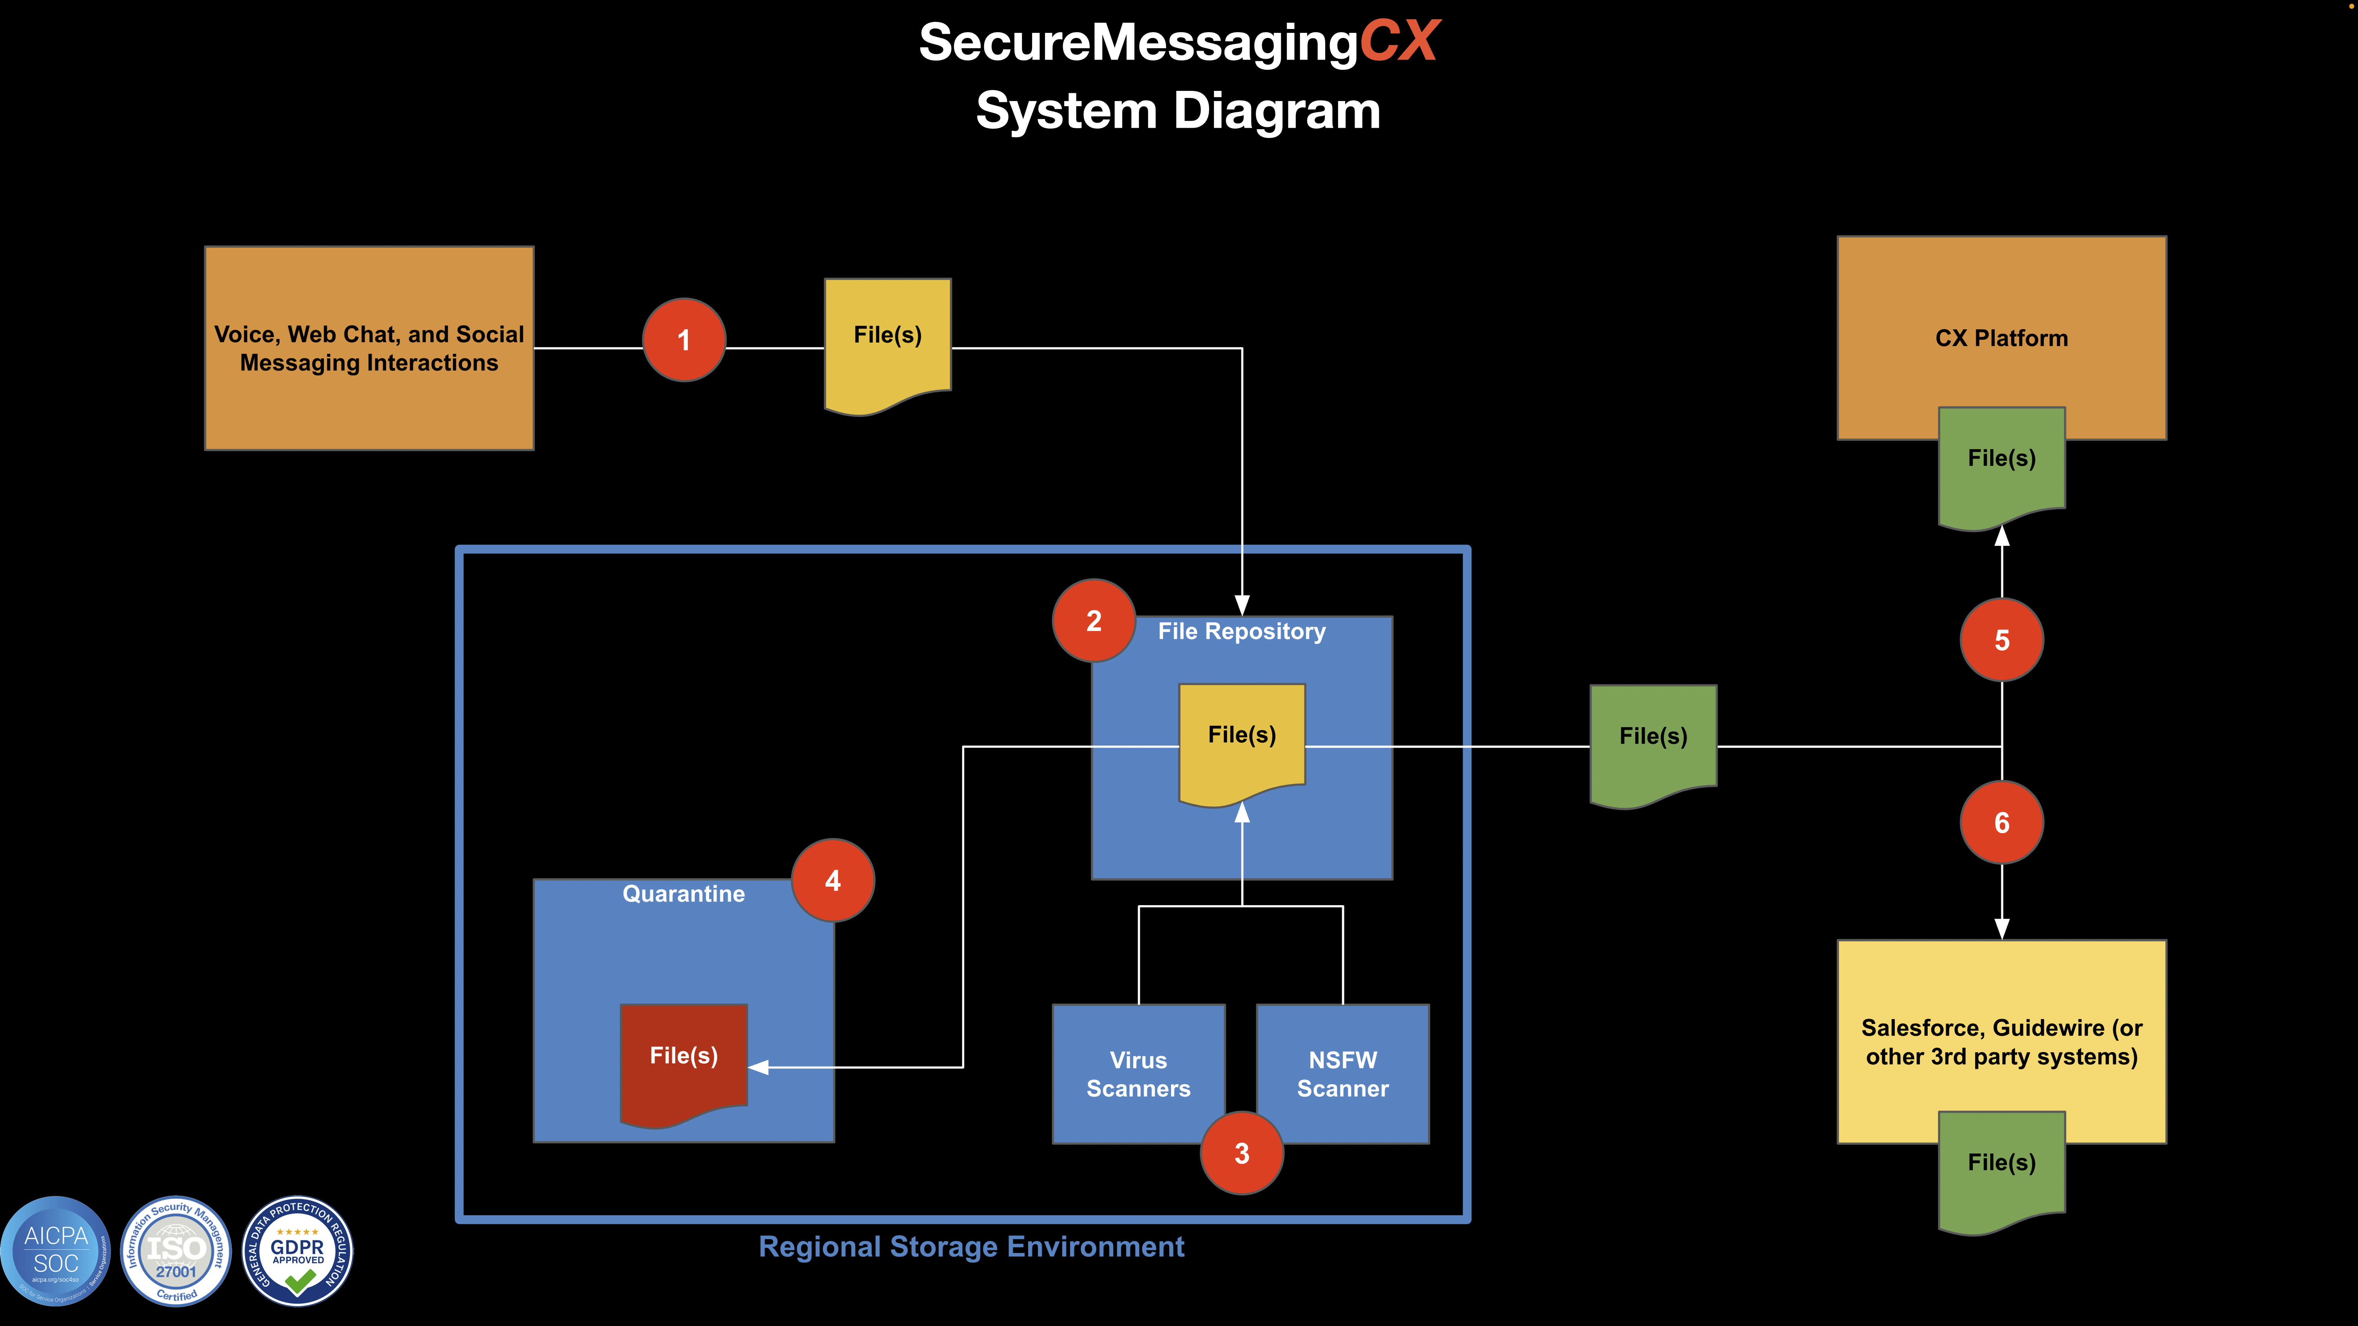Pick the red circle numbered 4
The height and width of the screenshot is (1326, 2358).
[x=832, y=880]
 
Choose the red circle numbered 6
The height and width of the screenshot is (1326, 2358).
[x=2002, y=823]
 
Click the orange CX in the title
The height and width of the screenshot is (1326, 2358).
[x=1398, y=42]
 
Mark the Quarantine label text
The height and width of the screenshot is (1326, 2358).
[x=684, y=894]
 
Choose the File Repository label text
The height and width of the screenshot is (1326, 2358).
[x=1241, y=631]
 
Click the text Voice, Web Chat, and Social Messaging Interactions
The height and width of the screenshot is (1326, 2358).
[x=369, y=349]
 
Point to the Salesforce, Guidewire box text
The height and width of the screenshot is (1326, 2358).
[x=2002, y=1042]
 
